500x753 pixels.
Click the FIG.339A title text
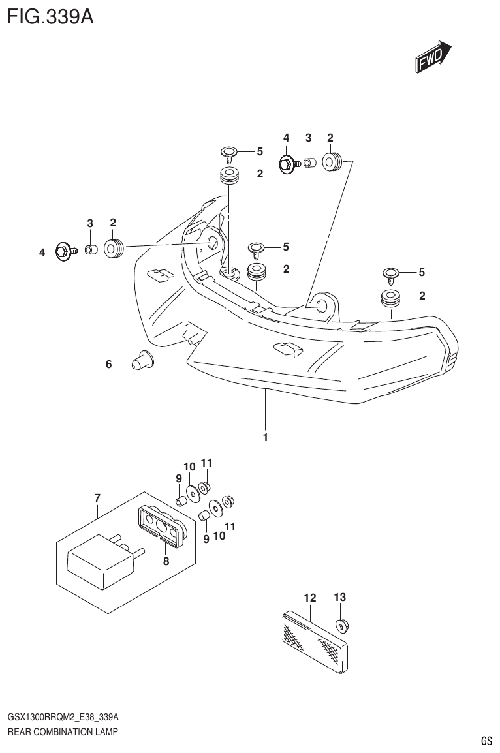pyautogui.click(x=50, y=16)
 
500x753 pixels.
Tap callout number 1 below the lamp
pyautogui.click(x=266, y=438)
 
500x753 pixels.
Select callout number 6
pyautogui.click(x=109, y=364)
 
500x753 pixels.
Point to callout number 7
pyautogui.click(x=97, y=499)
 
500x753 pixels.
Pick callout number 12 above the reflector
pyautogui.click(x=309, y=598)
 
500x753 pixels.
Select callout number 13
pyautogui.click(x=339, y=597)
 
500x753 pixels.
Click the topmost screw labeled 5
pyautogui.click(x=228, y=154)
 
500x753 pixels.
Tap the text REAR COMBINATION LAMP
pyautogui.click(x=63, y=732)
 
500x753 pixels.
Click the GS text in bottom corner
pyautogui.click(x=486, y=741)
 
